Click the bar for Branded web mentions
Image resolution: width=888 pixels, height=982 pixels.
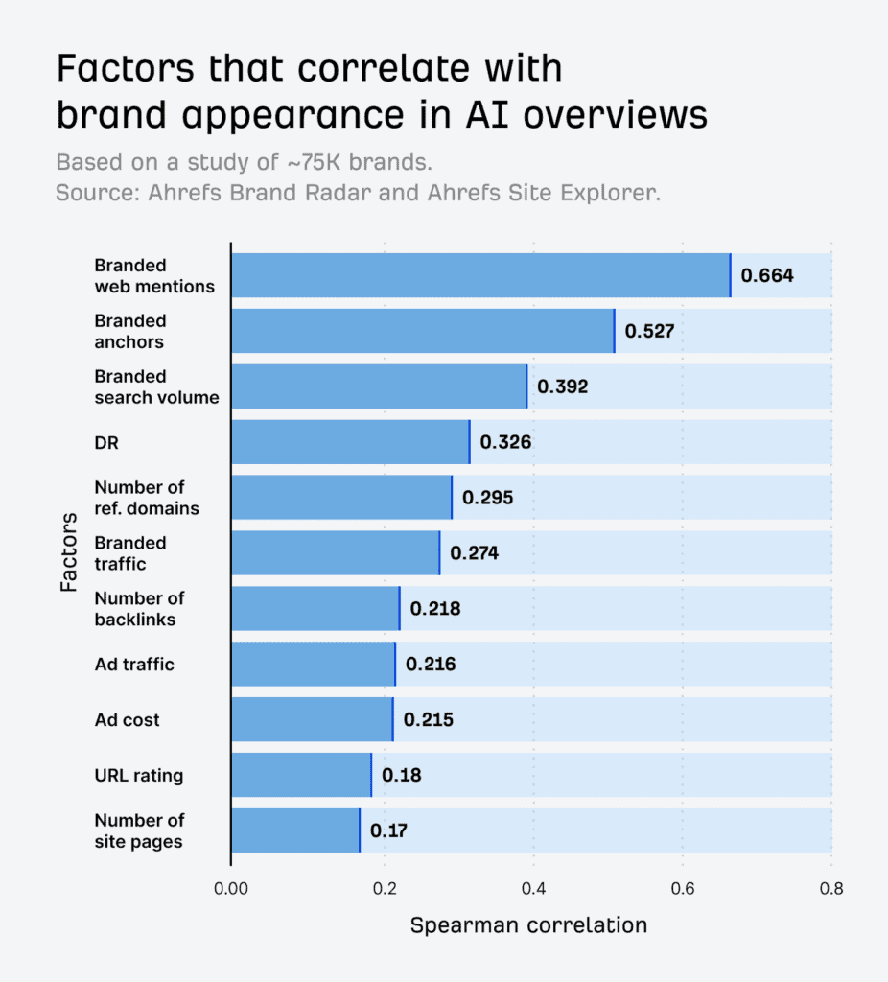click(480, 275)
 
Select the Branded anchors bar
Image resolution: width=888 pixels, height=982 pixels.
click(423, 331)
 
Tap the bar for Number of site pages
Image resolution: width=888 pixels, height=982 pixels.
click(295, 830)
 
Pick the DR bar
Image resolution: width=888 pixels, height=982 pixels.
click(350, 442)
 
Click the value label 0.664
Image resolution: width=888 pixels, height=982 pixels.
click(767, 276)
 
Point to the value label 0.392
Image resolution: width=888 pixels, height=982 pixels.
click(562, 386)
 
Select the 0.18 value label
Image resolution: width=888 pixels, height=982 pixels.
click(401, 775)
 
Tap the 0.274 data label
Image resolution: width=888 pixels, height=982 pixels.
click(475, 553)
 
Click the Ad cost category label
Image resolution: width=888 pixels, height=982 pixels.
click(127, 719)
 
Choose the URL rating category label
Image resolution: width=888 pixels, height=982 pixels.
click(138, 775)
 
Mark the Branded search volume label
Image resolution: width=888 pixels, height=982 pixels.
click(156, 386)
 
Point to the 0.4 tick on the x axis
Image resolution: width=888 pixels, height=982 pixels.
click(532, 888)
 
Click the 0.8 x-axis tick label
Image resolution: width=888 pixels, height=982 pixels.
click(831, 888)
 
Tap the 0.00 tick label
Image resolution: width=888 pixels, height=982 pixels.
click(231, 888)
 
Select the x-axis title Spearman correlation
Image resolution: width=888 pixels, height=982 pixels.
click(528, 925)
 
